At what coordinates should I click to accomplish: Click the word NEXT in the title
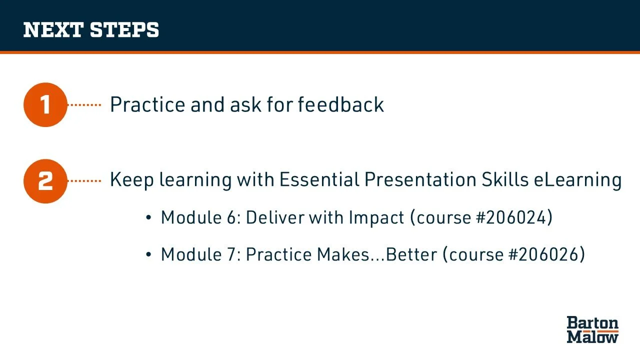[x=53, y=29]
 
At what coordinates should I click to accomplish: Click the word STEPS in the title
[x=124, y=29]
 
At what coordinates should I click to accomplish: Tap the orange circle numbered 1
[x=45, y=105]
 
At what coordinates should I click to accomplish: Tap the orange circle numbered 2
[x=45, y=181]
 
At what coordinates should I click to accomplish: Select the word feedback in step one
[x=341, y=104]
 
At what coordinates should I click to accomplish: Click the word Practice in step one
[x=147, y=104]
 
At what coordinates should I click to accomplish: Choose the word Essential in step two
[x=319, y=179]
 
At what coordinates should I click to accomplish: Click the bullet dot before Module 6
[x=148, y=217]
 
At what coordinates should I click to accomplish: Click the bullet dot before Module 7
[x=148, y=254]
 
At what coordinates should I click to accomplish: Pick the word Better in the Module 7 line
[x=411, y=254]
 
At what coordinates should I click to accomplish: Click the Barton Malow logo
[x=592, y=329]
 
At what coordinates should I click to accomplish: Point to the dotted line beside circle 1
[x=84, y=105]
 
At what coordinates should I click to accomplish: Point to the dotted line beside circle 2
[x=84, y=181]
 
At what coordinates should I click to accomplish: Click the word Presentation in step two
[x=420, y=179]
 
